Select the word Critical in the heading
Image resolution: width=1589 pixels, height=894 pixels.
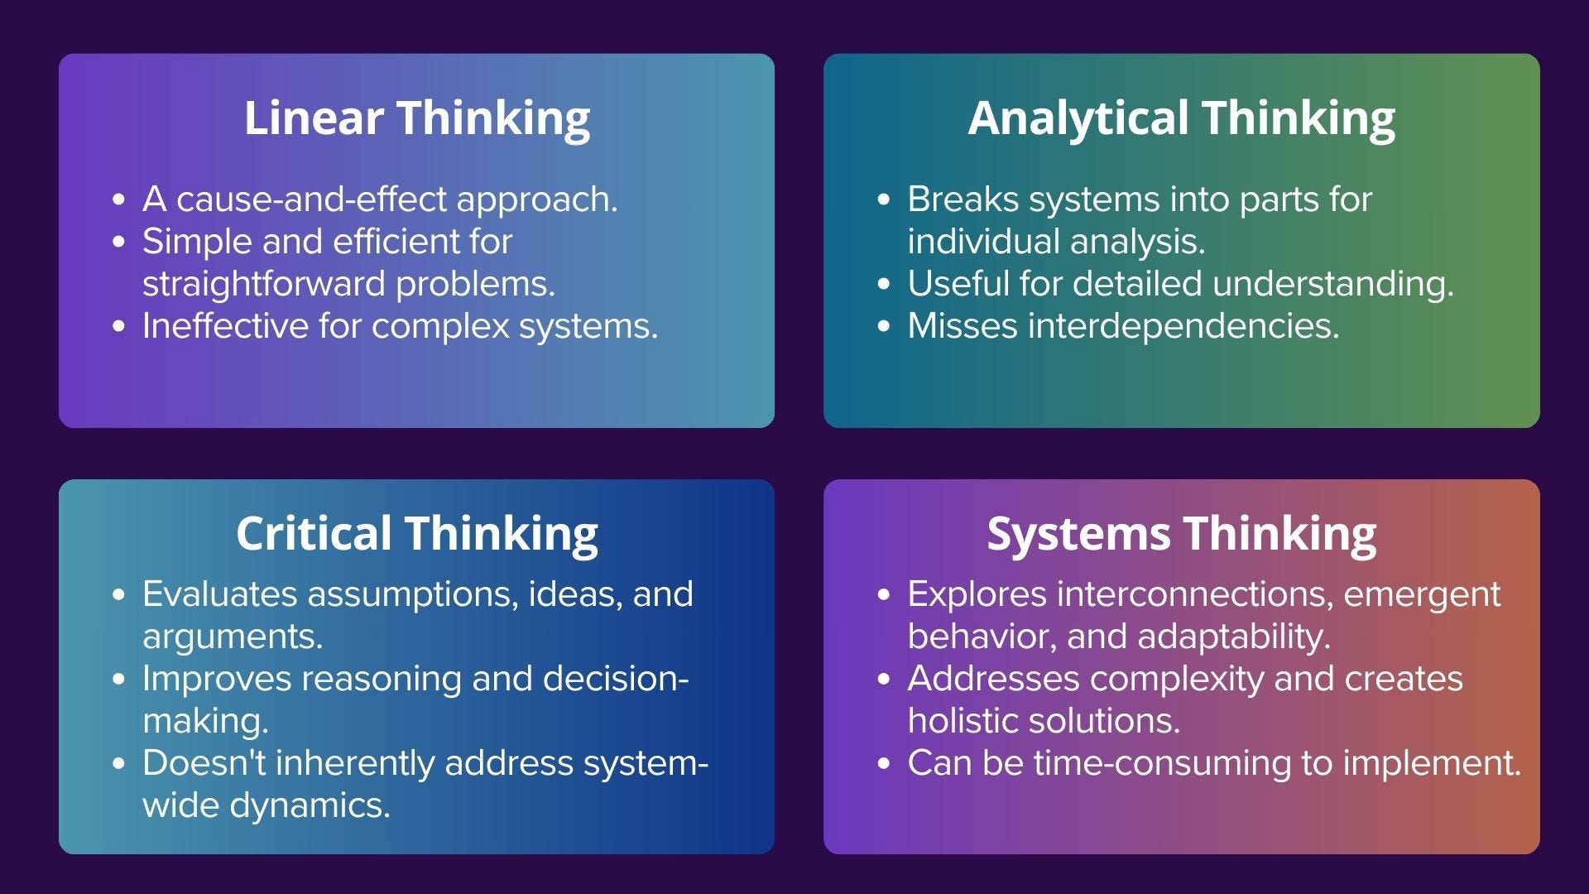313,533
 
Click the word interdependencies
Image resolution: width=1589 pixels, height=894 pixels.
1183,326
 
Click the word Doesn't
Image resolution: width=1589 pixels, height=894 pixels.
204,763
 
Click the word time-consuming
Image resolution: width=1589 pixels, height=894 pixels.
1163,763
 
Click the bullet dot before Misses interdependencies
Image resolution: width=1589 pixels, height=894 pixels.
884,326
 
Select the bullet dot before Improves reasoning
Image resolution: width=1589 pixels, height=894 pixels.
119,679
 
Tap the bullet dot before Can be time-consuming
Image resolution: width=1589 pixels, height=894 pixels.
884,763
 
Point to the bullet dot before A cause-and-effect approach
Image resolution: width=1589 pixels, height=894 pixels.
119,199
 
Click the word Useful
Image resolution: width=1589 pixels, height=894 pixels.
958,284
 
